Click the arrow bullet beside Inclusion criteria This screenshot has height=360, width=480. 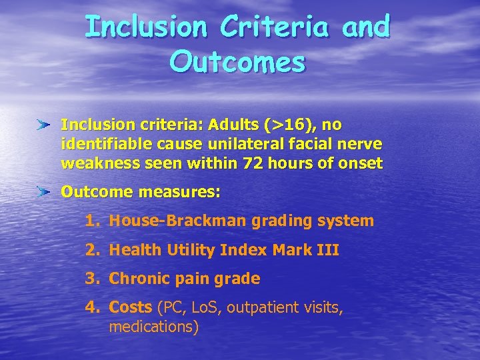point(44,125)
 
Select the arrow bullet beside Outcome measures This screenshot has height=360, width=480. point(44,192)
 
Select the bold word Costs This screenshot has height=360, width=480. point(130,308)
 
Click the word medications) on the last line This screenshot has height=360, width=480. point(153,327)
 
